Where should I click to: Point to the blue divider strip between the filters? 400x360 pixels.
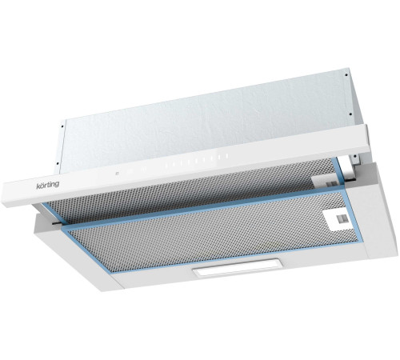tap(200, 214)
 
